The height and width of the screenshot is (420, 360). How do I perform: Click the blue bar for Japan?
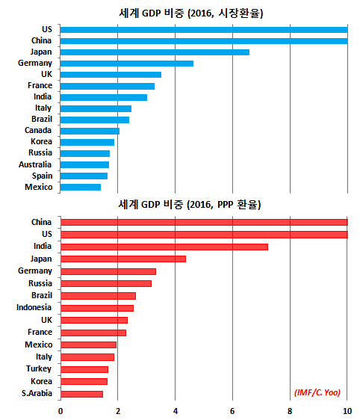pyautogui.click(x=155, y=52)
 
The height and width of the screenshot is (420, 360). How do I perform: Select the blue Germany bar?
pyautogui.click(x=127, y=64)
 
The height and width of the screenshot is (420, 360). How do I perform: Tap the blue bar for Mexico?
pyautogui.click(x=81, y=187)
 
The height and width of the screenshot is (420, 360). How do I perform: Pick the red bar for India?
pyautogui.click(x=164, y=247)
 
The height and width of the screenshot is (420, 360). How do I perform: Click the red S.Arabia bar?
pyautogui.click(x=82, y=394)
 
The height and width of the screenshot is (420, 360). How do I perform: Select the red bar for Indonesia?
pyautogui.click(x=97, y=308)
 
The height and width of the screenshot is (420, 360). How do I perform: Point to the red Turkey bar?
pyautogui.click(x=84, y=369)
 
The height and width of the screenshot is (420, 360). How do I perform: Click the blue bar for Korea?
pyautogui.click(x=87, y=142)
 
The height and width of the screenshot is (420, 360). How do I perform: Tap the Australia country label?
pyautogui.click(x=35, y=164)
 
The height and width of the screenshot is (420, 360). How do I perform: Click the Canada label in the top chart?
pyautogui.click(x=38, y=130)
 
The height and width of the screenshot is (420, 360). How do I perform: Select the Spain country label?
pyautogui.click(x=42, y=176)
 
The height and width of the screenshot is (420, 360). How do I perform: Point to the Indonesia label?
pyautogui.click(x=34, y=307)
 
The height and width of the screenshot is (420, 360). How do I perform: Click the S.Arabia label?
pyautogui.click(x=37, y=393)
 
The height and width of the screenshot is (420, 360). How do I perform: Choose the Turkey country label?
pyautogui.click(x=39, y=369)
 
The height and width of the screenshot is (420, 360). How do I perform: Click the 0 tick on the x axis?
pyautogui.click(x=60, y=411)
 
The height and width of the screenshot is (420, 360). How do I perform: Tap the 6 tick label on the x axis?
pyautogui.click(x=232, y=411)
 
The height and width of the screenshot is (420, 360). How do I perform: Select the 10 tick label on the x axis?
pyautogui.click(x=347, y=411)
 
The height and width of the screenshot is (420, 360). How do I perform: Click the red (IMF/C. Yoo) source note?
pyautogui.click(x=317, y=392)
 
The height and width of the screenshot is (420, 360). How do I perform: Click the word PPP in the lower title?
pyautogui.click(x=225, y=205)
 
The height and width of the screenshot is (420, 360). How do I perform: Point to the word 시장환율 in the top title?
pyautogui.click(x=239, y=13)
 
